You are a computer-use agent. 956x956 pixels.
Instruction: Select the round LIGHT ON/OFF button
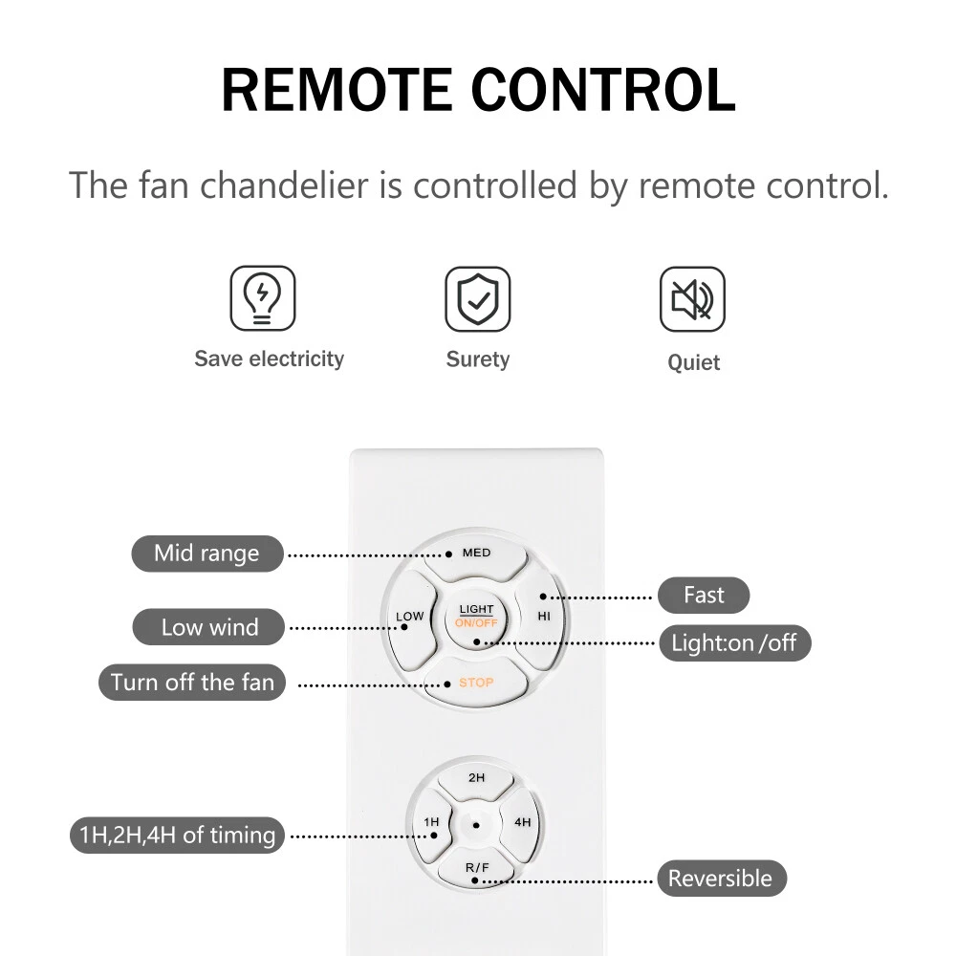476,616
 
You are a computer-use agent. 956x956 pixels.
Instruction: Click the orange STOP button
476,683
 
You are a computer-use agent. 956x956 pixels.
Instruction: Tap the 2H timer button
476,780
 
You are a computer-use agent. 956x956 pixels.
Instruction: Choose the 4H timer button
520,822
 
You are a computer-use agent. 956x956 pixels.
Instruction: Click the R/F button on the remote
476,868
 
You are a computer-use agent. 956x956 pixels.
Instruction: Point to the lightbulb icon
263,299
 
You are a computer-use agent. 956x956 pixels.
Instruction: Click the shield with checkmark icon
477,299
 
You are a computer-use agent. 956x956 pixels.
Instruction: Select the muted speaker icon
692,299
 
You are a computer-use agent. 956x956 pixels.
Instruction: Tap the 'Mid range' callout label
206,554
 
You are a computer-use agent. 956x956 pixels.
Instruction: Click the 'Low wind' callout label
209,627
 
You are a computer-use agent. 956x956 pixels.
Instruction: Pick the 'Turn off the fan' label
192,683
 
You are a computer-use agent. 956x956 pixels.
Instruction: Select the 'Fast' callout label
704,596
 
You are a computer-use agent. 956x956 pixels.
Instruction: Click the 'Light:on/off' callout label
733,642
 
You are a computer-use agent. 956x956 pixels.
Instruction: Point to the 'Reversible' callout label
721,879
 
